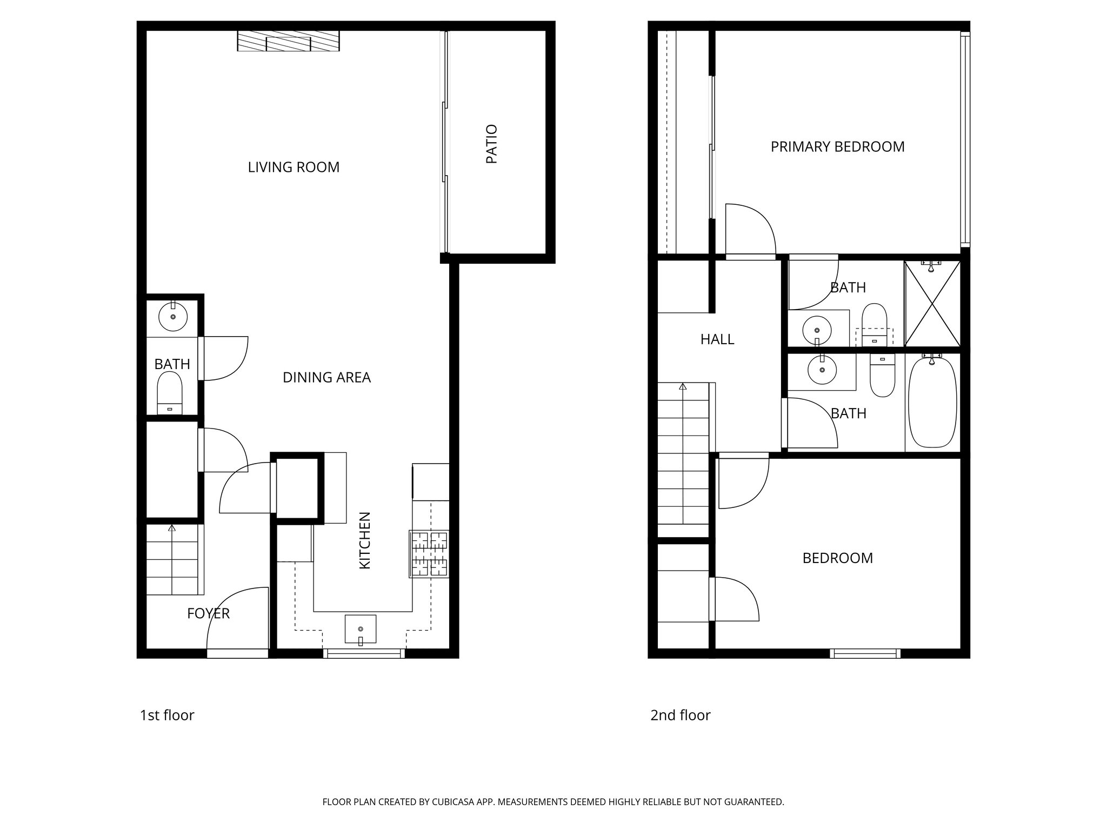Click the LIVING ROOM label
[294, 168]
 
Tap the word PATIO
[491, 144]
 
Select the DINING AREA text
[326, 378]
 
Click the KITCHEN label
[365, 540]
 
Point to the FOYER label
[208, 614]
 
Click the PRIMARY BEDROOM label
[837, 147]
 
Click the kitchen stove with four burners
[429, 554]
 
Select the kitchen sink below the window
[361, 628]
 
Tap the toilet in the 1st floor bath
[170, 393]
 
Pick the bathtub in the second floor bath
[932, 401]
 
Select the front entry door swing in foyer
[238, 621]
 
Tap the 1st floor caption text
[167, 715]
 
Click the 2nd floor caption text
[680, 715]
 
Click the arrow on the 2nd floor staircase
[683, 387]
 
